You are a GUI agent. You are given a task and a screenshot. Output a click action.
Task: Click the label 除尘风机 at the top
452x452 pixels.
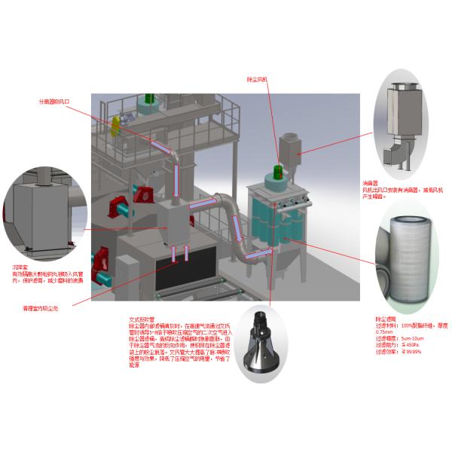click(x=257, y=79)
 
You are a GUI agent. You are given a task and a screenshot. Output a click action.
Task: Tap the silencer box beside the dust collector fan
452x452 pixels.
click(x=288, y=145)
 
